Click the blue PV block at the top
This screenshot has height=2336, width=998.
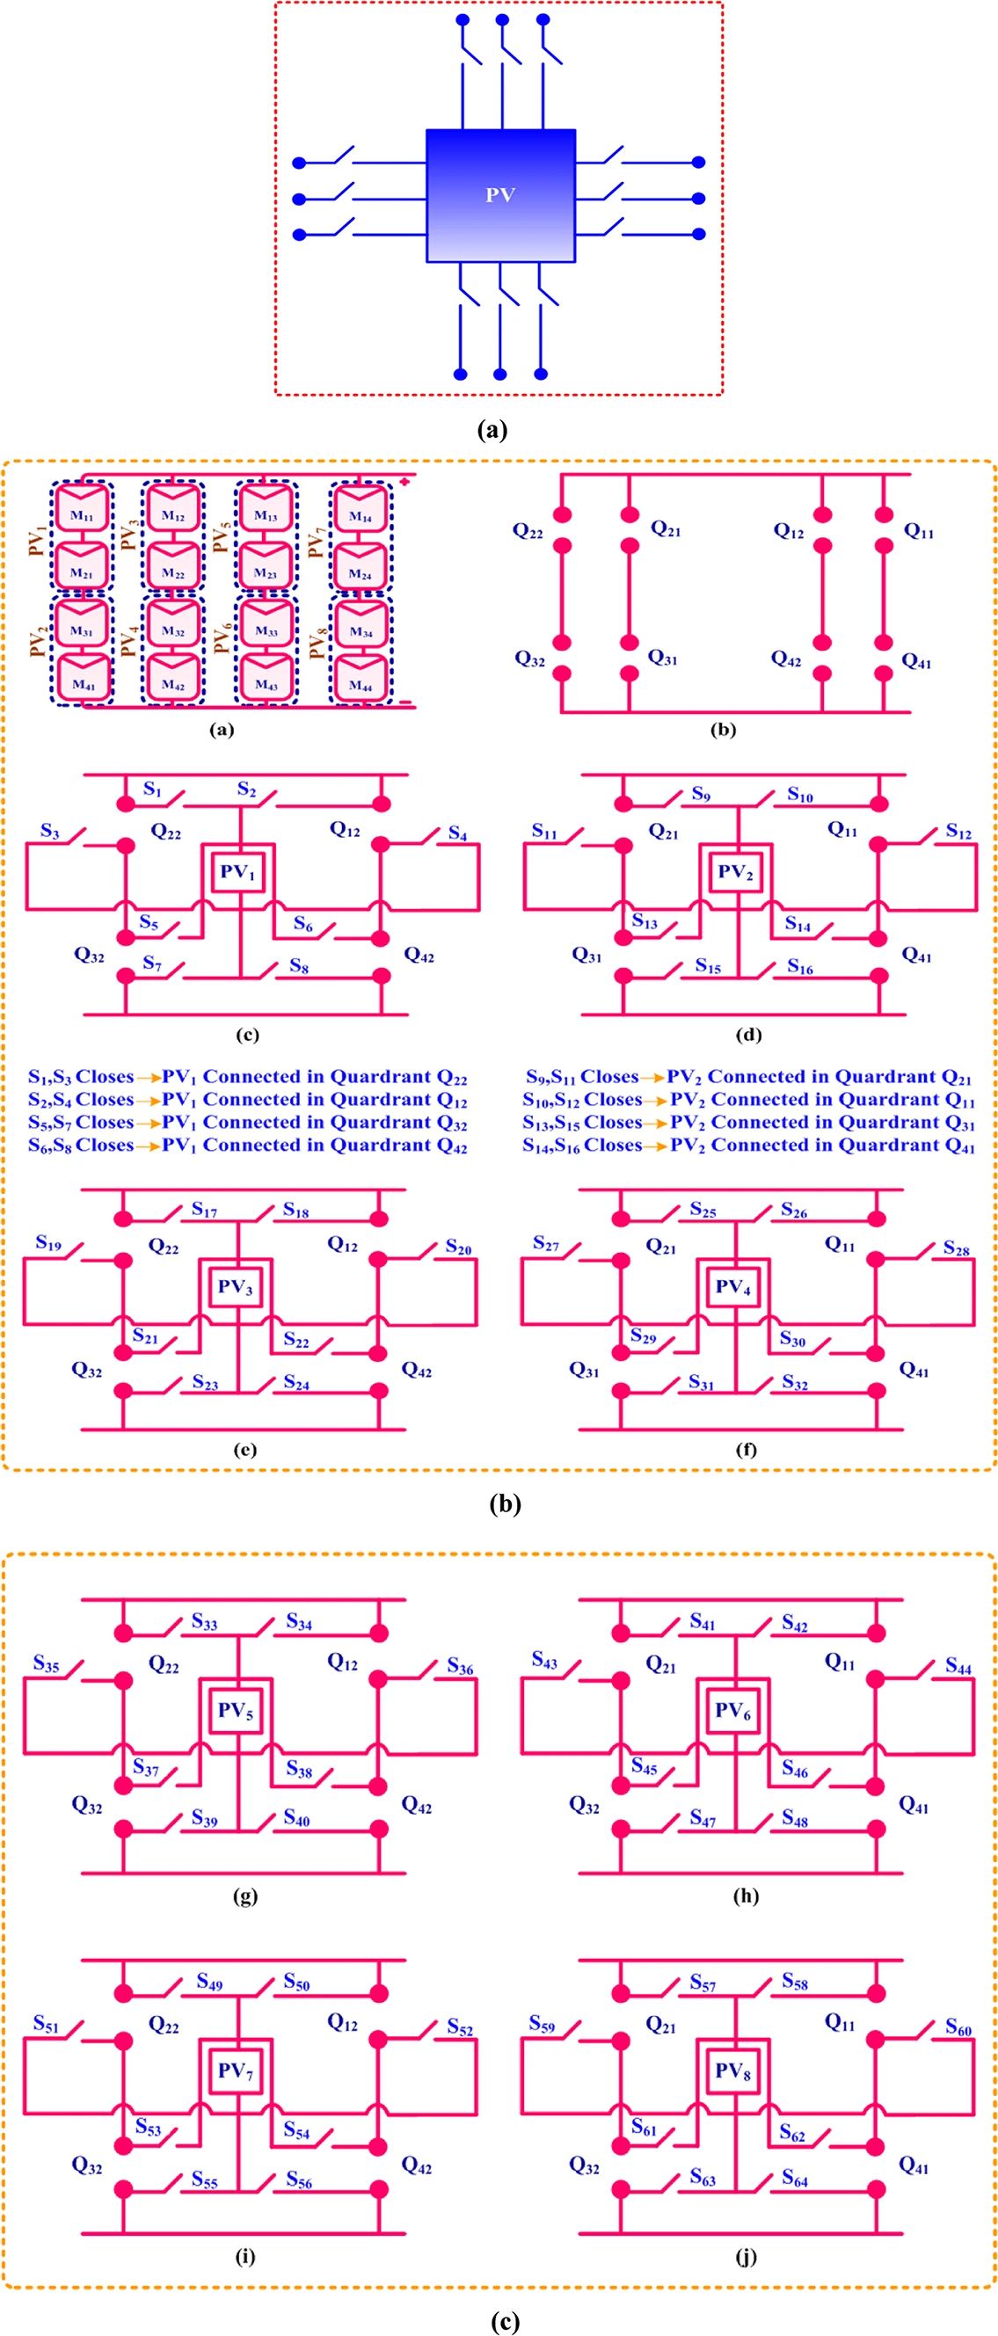pyautogui.click(x=501, y=195)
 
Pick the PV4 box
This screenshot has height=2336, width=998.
pyautogui.click(x=733, y=1287)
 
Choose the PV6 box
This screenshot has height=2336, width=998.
pyautogui.click(x=733, y=1709)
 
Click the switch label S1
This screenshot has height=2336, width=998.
pyautogui.click(x=152, y=790)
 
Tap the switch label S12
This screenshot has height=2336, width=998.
pyautogui.click(x=958, y=831)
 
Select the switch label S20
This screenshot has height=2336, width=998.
pyautogui.click(x=458, y=1248)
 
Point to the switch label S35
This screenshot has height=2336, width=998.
pyautogui.click(x=47, y=1663)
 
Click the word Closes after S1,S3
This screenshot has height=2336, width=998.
pyautogui.click(x=105, y=1076)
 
